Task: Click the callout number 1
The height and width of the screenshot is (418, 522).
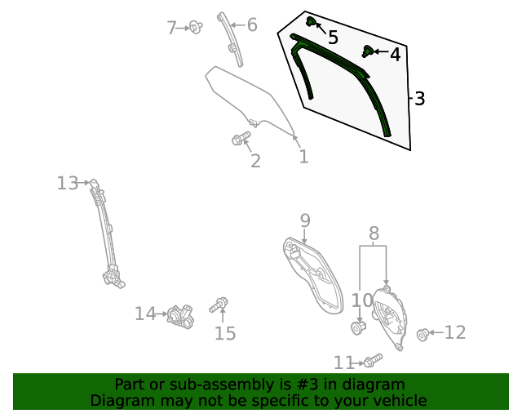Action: [x=303, y=156]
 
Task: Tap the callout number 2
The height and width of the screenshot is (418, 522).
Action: [x=255, y=161]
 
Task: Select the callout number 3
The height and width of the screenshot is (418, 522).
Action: [x=419, y=99]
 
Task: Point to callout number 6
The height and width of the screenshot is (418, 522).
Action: [x=252, y=25]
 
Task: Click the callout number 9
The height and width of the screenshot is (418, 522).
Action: [x=305, y=220]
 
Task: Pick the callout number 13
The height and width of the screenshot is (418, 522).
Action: [x=67, y=183]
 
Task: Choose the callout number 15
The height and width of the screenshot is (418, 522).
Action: [x=224, y=332]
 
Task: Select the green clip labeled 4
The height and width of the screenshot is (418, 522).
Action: [x=369, y=53]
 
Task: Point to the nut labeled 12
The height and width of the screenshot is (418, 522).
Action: [x=423, y=333]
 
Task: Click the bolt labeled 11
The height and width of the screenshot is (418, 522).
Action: [x=374, y=360]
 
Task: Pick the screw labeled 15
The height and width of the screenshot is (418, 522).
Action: [x=219, y=305]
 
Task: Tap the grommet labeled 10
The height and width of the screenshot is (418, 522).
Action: [x=357, y=328]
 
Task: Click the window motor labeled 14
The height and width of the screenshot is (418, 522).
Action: [x=180, y=315]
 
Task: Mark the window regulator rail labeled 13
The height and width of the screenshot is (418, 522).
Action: [x=106, y=233]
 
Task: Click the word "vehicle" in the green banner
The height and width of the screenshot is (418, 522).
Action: [x=399, y=400]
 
